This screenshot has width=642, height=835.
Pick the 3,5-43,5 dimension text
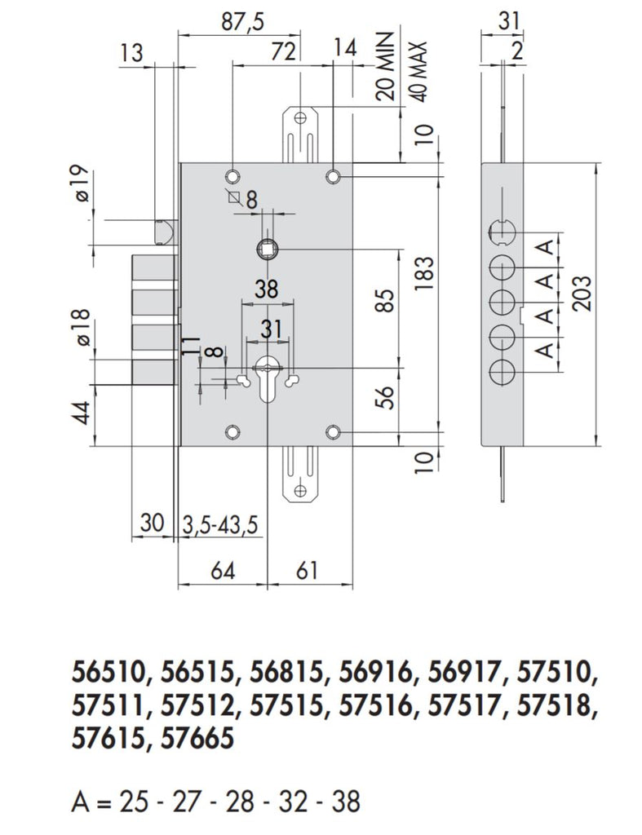[219, 524]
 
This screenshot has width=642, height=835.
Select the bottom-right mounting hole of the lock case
[332, 431]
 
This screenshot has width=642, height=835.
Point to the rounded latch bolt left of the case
[165, 231]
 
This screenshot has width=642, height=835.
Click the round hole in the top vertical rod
[300, 117]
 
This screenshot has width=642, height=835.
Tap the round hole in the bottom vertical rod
[300, 491]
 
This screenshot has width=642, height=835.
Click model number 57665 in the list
[198, 739]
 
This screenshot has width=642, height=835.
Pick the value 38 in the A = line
[345, 802]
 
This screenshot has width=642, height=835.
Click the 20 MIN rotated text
[388, 66]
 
